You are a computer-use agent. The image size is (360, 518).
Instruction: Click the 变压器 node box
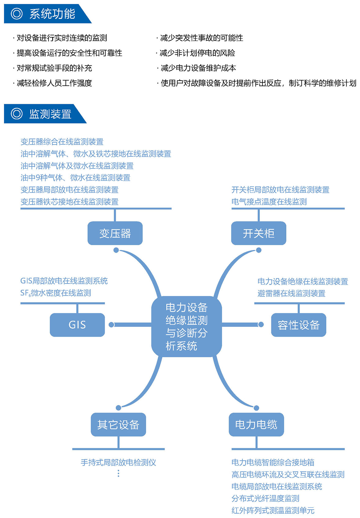coord(115,233)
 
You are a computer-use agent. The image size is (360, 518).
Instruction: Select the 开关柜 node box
coord(259,233)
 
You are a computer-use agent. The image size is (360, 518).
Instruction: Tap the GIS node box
coord(77,325)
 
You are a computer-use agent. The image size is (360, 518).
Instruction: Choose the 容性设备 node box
coord(299,325)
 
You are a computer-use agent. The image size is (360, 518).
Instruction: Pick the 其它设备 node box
coord(118,424)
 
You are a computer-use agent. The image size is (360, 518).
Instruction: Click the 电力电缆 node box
coord(256,424)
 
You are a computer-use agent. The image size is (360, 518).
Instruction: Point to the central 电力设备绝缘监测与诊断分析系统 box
coord(187,326)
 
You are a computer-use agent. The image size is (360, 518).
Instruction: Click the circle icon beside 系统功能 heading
coord(17,13)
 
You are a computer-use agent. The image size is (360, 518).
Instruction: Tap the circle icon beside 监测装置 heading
coord(17,114)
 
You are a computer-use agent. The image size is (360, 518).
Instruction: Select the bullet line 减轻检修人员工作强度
coord(53,83)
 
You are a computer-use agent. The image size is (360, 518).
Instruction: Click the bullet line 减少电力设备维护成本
coord(197,68)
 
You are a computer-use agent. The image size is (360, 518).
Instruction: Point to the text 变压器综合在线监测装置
coord(62,141)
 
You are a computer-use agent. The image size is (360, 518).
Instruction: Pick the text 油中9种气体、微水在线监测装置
coord(75,178)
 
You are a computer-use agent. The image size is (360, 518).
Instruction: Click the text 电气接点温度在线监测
coord(269,202)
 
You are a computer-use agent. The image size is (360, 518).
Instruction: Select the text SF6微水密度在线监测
coord(56,293)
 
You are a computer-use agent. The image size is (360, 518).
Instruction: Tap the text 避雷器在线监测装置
coord(292,293)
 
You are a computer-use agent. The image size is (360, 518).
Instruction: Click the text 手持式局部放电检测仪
coord(118,462)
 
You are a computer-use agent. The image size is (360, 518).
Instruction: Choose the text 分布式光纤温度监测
coord(266,498)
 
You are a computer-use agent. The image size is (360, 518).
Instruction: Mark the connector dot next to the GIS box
coord(112,325)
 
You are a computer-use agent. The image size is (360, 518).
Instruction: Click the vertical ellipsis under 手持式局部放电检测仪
coord(118,473)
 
